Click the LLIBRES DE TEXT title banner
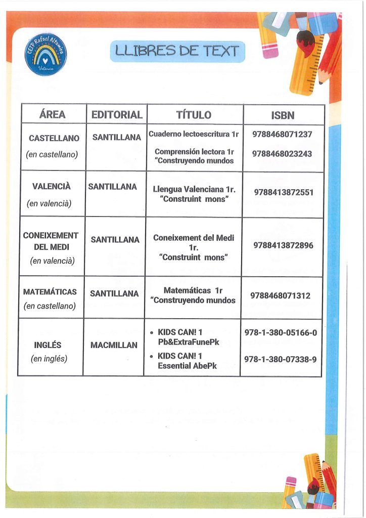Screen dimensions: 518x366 [177, 51]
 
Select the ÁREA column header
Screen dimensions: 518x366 [52, 115]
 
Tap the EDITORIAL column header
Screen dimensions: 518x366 [117, 115]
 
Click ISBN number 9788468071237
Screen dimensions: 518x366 [283, 135]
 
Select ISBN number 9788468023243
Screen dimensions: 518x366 [283, 154]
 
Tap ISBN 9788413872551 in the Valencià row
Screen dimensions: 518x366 [284, 192]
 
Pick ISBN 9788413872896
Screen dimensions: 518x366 [283, 245]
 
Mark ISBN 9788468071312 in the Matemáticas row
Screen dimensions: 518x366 [280, 295]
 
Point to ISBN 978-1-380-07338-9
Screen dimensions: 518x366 [281, 359]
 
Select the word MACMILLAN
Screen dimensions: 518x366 [114, 346]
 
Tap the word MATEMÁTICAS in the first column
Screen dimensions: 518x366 [50, 292]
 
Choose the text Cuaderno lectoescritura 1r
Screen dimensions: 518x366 [194, 135]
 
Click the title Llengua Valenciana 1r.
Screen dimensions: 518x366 [195, 190]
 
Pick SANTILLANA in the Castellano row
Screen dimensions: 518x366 [116, 137]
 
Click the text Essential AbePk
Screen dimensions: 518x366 [187, 366]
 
